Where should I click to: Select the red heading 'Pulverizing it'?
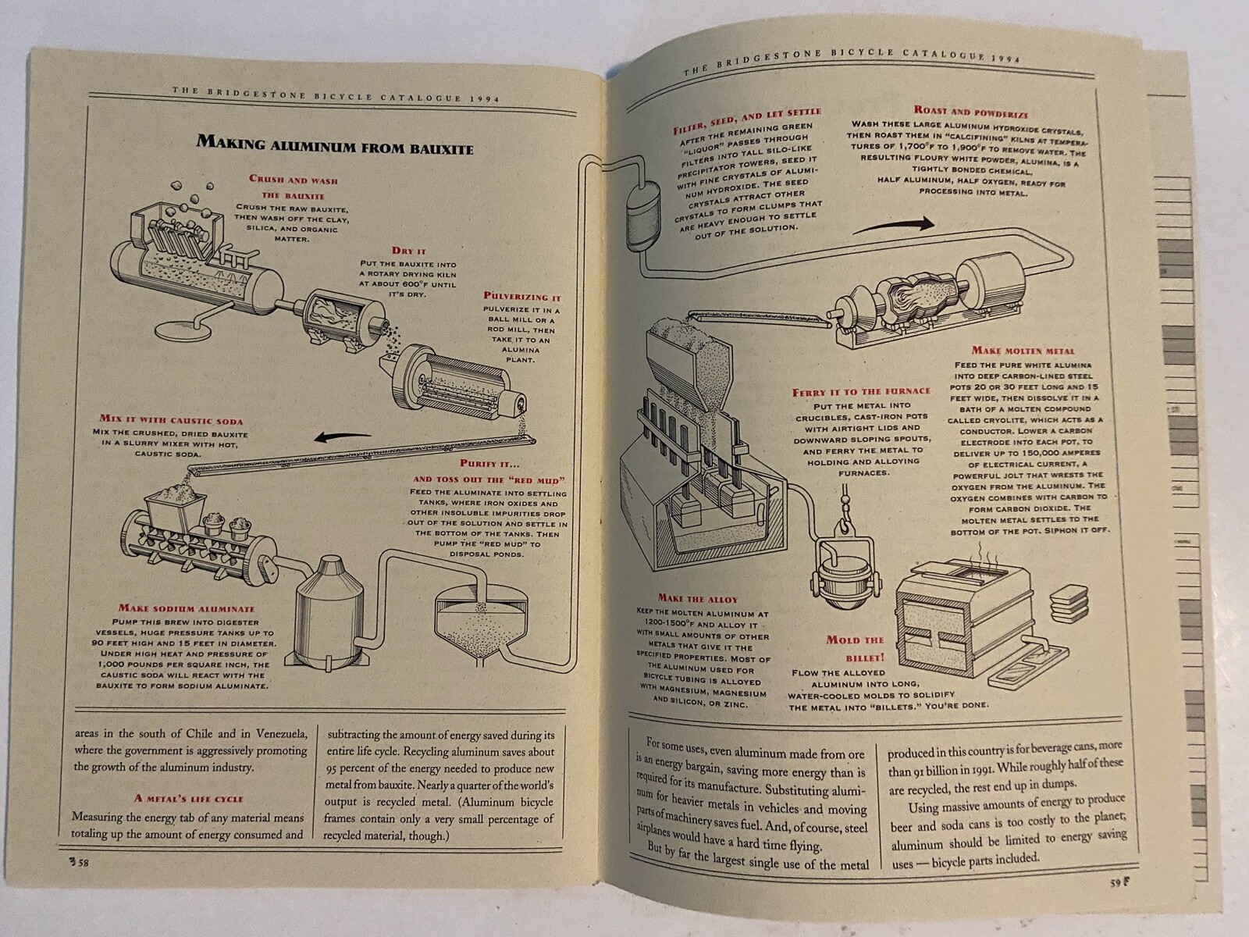(521, 297)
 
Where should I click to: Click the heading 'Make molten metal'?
(1023, 351)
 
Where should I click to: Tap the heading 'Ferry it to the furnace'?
(861, 391)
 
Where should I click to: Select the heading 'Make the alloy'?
(697, 599)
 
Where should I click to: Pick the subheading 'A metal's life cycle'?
(188, 798)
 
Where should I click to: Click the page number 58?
(80, 862)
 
